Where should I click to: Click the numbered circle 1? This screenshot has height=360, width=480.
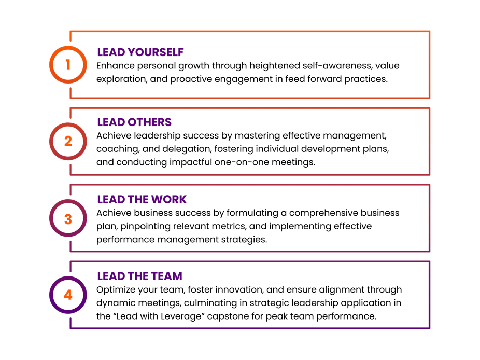(x=67, y=64)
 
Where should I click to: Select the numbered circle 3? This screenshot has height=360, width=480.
(x=67, y=218)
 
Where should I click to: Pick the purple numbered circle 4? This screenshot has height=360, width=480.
(x=67, y=295)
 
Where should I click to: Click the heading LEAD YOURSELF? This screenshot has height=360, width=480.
(x=140, y=52)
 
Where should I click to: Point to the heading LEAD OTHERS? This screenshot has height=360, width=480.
(x=134, y=122)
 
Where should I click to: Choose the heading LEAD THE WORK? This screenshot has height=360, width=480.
(x=142, y=199)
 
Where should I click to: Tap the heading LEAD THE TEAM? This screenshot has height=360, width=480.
(x=139, y=276)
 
